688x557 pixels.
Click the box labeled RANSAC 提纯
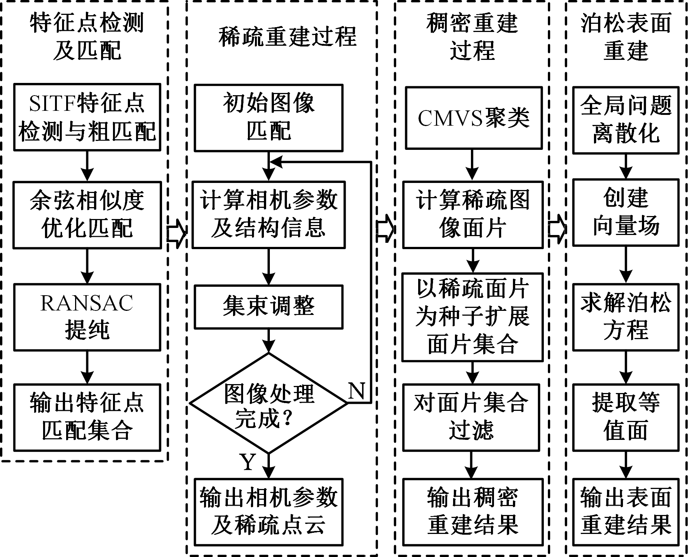(x=87, y=317)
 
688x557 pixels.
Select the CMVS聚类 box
(x=473, y=118)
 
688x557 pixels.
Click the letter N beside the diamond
(x=356, y=391)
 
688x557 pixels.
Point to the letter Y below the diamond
(x=248, y=462)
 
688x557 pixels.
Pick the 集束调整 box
(x=268, y=307)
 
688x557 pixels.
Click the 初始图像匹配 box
(x=268, y=117)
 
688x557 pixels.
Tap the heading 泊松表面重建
(x=626, y=36)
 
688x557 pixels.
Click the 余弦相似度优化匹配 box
(x=87, y=215)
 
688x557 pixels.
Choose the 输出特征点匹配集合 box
(x=87, y=417)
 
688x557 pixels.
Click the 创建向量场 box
(x=626, y=213)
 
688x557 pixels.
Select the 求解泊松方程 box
(x=626, y=317)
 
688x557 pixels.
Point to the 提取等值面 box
(x=626, y=417)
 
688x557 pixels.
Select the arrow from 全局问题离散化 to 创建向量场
(x=626, y=167)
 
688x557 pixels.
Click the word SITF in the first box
(x=52, y=104)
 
